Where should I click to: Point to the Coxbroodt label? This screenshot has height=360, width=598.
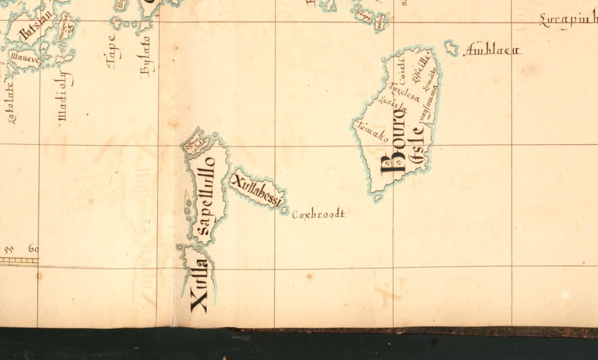pos(318,215)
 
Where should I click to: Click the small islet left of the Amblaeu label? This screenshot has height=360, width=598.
pos(451,48)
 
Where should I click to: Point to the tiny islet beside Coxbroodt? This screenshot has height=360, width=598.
pos(285,211)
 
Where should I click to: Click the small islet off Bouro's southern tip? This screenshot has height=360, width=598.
pos(377,198)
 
